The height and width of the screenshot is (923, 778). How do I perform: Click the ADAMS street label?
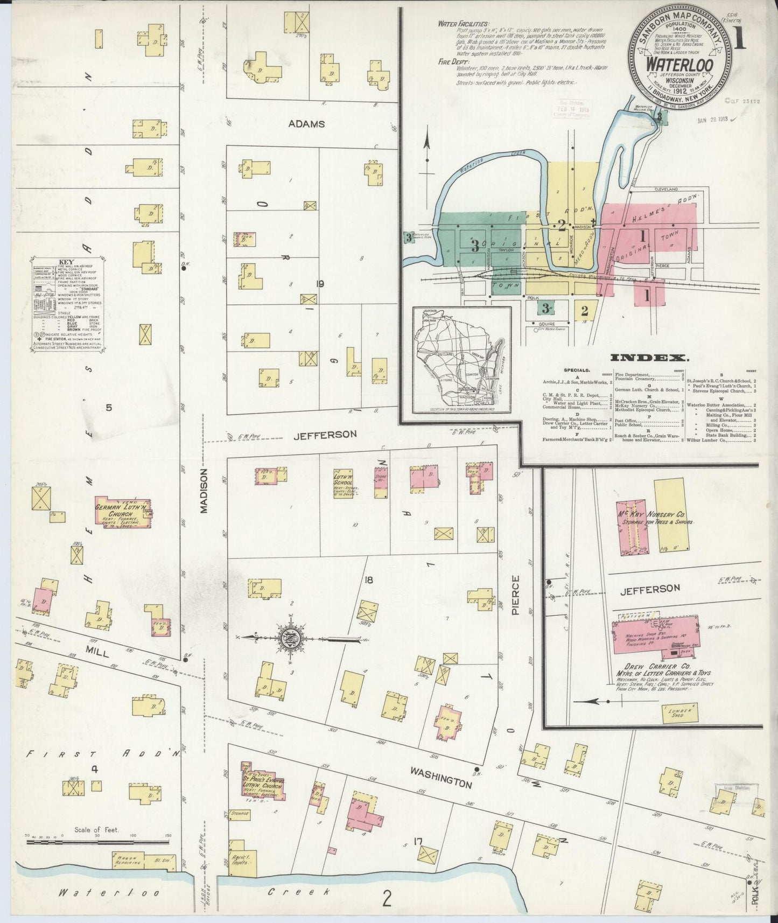click(x=306, y=123)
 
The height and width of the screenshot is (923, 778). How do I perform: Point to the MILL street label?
click(x=98, y=653)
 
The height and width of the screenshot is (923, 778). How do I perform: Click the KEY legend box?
click(x=67, y=305)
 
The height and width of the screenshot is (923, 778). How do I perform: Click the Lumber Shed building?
click(x=677, y=714)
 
